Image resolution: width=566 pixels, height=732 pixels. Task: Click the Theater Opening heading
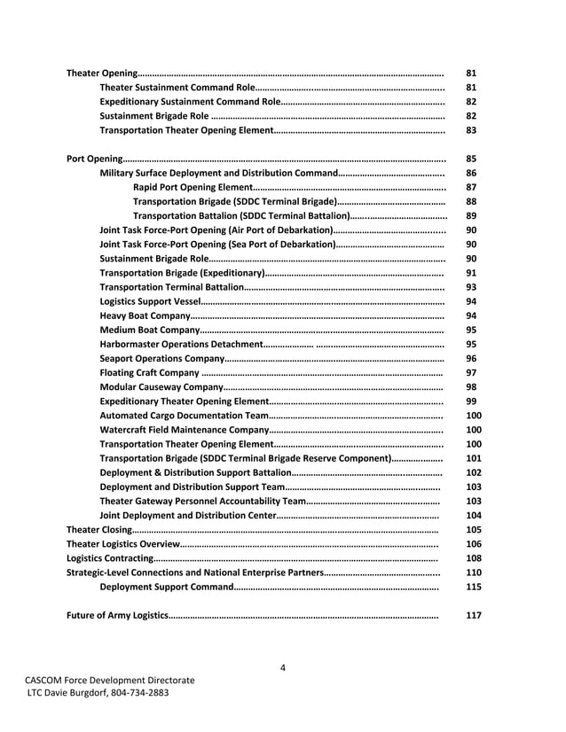(102, 72)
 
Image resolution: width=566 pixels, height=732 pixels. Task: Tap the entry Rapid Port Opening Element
(192, 187)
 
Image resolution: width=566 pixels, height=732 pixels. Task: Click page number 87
(472, 187)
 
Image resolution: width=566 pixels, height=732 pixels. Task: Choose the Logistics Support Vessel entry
(150, 301)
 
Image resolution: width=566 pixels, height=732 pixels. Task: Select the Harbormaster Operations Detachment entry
(181, 344)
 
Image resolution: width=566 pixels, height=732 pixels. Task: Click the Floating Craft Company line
(149, 373)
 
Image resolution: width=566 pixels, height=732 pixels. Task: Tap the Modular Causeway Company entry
(161, 387)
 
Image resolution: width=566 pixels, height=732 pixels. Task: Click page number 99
(472, 401)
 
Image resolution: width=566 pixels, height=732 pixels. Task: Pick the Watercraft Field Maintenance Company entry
(184, 430)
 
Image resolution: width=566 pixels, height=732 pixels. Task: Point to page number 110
(474, 572)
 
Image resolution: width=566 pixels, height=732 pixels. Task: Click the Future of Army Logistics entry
(116, 615)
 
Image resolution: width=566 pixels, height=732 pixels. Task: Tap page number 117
(474, 615)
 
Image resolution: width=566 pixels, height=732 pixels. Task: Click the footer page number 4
(282, 667)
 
